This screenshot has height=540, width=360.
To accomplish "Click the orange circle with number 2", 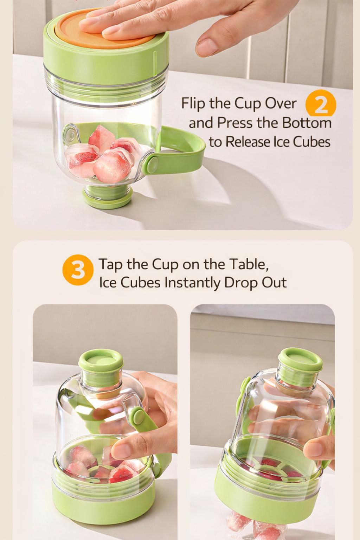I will (321, 104).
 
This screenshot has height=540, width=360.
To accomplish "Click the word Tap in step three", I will (110, 264).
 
